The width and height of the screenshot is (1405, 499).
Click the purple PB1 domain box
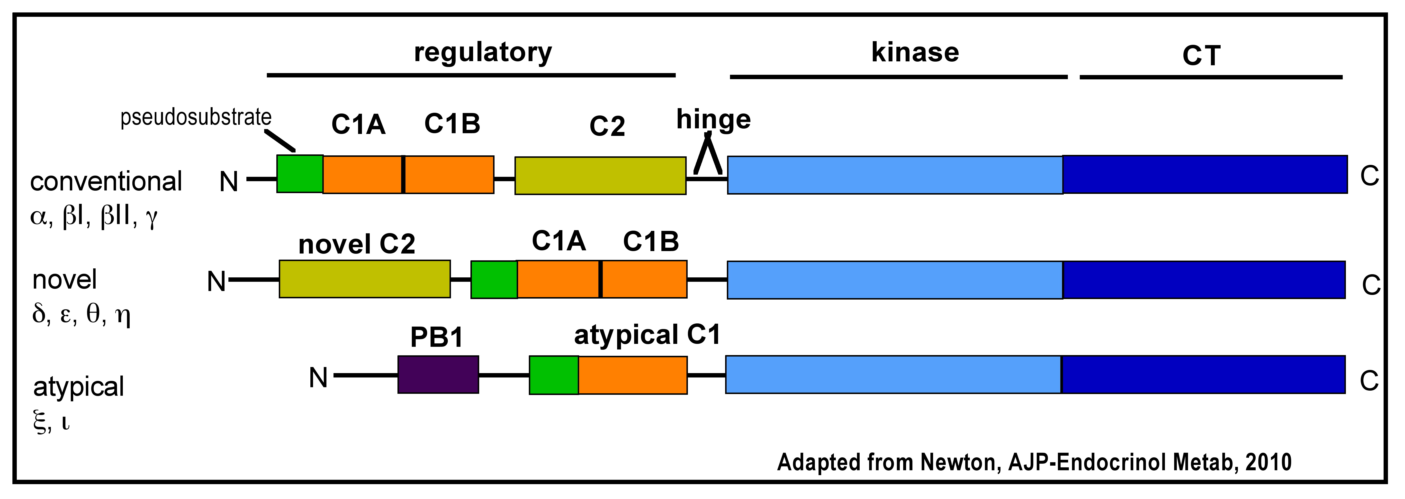[438, 375]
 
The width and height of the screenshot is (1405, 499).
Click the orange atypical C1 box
[633, 375]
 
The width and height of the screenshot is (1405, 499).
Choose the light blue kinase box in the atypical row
[893, 375]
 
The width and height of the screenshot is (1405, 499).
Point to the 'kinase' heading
[915, 52]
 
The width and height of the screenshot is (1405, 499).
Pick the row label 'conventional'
[106, 181]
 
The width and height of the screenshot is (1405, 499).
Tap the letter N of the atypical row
[318, 377]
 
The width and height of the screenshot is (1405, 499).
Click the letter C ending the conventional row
[1369, 176]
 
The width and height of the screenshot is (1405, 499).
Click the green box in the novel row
[494, 280]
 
